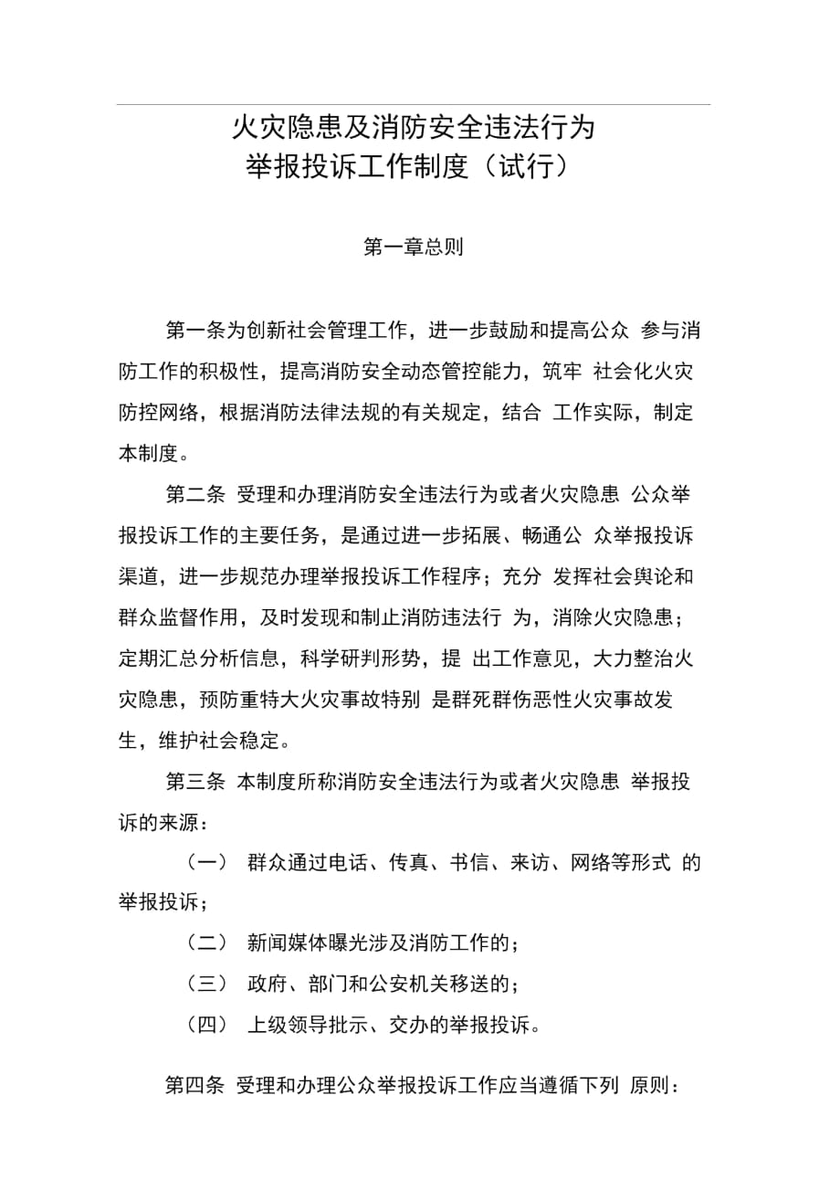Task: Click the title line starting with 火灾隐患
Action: click(x=414, y=127)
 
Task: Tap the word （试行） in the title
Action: click(x=528, y=167)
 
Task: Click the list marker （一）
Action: click(x=206, y=861)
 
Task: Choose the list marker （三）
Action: click(x=206, y=984)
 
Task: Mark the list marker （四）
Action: click(x=206, y=1025)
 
